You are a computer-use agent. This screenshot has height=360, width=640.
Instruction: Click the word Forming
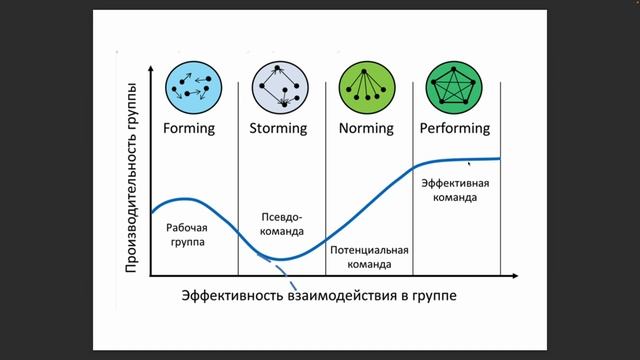coord(188,129)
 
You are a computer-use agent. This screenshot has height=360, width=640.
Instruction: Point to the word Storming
coord(277,129)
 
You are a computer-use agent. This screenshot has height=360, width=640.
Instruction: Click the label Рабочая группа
coord(188,234)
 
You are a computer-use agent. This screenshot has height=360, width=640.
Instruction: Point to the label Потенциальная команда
coord(369,257)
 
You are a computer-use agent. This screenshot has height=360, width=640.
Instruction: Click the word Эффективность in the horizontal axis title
coord(233,297)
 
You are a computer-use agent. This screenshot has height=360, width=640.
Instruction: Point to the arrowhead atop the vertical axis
coord(150,71)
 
